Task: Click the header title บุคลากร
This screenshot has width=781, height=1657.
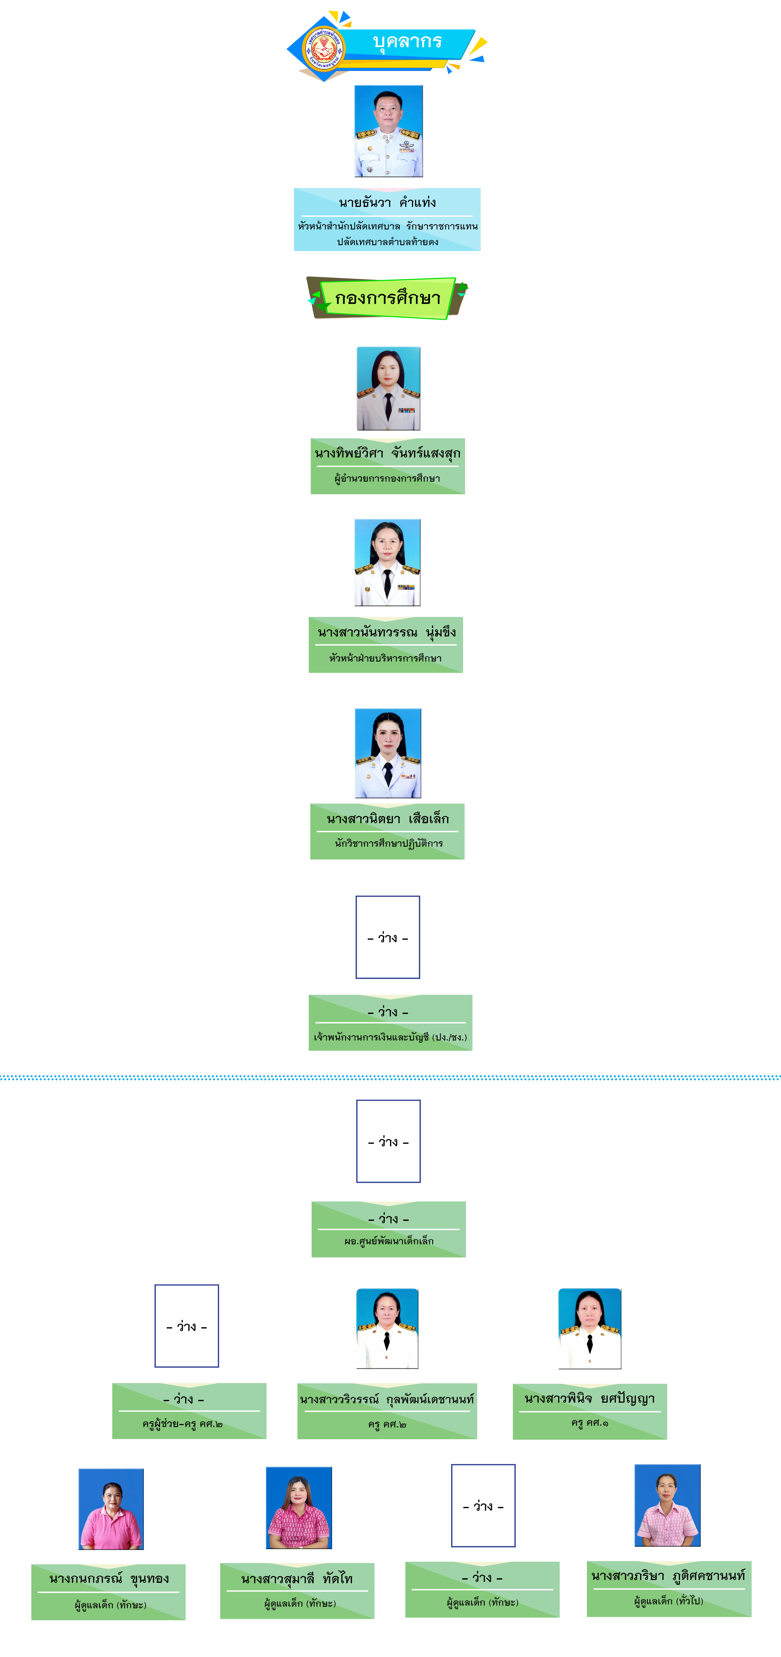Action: click(407, 42)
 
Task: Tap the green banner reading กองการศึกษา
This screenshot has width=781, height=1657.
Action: click(387, 298)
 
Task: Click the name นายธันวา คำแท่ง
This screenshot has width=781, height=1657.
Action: click(387, 203)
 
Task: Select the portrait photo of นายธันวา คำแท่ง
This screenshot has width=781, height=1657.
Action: click(389, 131)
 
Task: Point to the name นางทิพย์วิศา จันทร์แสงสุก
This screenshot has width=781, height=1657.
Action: click(387, 454)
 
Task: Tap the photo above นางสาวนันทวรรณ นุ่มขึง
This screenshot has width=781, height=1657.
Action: click(387, 562)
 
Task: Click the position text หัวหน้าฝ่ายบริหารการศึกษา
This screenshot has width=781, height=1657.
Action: click(385, 658)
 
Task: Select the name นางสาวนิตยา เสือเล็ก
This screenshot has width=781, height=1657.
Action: click(387, 819)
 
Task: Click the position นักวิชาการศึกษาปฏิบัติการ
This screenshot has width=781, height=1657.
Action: click(389, 843)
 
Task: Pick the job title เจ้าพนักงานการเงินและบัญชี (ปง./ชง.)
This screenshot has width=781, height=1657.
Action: click(390, 1037)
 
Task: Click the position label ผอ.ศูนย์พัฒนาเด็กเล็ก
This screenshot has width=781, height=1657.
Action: click(389, 1241)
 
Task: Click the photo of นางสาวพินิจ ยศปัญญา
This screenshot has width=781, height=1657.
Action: click(590, 1328)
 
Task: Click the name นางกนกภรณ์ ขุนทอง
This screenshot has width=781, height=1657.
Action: click(109, 1578)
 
